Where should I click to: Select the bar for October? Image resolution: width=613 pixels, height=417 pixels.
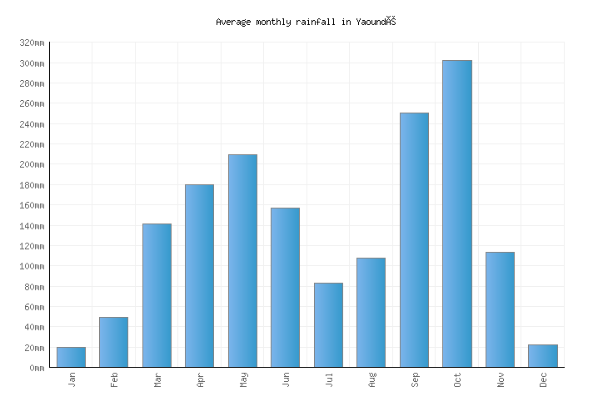(x=456, y=214)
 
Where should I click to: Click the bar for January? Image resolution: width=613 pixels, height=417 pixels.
(x=71, y=357)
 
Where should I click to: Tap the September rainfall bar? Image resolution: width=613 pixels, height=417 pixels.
(x=414, y=240)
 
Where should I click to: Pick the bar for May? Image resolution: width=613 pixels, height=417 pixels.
(x=242, y=260)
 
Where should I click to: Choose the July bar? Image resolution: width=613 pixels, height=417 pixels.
(x=328, y=324)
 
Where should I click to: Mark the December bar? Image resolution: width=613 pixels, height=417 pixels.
(x=542, y=355)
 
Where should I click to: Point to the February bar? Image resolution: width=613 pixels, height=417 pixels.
(x=113, y=342)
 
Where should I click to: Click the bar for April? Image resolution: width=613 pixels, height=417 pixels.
(x=199, y=275)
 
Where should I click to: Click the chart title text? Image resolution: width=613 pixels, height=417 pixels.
(x=305, y=22)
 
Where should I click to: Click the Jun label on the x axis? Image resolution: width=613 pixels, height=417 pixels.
(x=286, y=379)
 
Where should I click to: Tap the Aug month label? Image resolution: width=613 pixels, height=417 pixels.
(x=371, y=379)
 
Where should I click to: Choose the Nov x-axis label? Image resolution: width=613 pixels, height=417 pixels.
(x=501, y=379)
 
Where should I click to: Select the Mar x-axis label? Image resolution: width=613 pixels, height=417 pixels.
(x=157, y=379)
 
